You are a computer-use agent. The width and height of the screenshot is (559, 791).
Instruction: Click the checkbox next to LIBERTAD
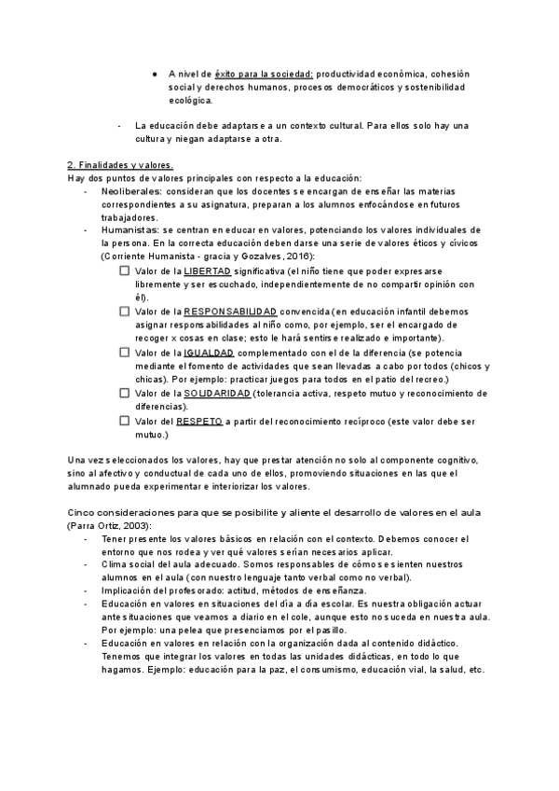[x=125, y=271]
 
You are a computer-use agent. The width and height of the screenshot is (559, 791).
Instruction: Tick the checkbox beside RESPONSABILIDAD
[x=125, y=311]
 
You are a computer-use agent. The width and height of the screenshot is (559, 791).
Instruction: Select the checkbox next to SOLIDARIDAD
[x=125, y=394]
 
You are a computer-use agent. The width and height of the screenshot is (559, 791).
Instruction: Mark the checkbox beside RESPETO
[x=125, y=421]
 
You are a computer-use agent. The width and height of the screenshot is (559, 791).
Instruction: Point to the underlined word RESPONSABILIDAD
[x=230, y=311]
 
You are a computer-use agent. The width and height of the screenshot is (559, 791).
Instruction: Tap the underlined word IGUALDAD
[x=209, y=353]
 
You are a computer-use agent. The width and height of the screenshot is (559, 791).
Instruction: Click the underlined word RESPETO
[x=199, y=421]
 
